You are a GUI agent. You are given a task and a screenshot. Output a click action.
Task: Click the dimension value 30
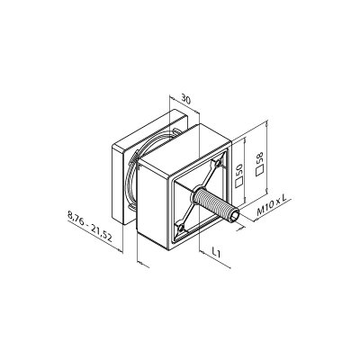click(186, 99)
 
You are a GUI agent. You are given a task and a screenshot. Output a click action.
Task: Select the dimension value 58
click(260, 158)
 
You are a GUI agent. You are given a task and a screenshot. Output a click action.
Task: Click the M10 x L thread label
click(272, 205)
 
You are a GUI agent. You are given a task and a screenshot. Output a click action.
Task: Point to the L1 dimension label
click(216, 252)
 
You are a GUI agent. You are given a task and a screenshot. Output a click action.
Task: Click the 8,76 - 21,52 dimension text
click(90, 226)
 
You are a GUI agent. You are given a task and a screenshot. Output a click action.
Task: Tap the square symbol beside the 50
click(238, 183)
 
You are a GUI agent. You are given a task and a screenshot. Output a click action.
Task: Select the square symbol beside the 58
click(259, 171)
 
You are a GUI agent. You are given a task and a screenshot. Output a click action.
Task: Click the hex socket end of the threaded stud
click(234, 216)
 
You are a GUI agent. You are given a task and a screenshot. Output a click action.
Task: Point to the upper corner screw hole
click(218, 163)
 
